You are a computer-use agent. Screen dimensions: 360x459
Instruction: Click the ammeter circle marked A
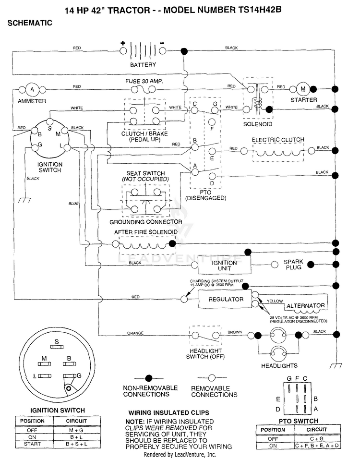(x=32, y=90)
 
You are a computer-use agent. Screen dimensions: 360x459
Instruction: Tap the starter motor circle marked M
(x=303, y=89)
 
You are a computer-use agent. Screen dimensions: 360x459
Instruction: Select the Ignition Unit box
(x=225, y=265)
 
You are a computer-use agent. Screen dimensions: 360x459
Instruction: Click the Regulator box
(x=226, y=299)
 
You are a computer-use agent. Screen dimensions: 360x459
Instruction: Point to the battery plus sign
(x=123, y=44)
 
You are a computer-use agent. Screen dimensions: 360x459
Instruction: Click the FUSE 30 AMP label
(x=144, y=81)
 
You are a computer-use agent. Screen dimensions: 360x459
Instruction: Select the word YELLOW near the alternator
(x=275, y=301)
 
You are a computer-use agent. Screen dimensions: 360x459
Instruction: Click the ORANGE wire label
(x=135, y=333)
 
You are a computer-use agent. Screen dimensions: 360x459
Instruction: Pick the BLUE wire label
(x=73, y=204)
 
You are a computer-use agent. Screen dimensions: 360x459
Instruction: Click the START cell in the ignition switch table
(x=32, y=444)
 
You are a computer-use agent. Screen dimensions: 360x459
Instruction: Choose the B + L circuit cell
(x=76, y=437)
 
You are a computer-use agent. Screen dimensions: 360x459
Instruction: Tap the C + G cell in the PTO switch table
(x=317, y=439)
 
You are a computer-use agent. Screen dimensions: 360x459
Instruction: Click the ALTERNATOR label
(x=306, y=306)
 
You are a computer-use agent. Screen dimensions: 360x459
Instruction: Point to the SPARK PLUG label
(x=294, y=265)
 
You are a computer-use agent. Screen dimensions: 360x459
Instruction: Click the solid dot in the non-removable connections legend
(x=149, y=378)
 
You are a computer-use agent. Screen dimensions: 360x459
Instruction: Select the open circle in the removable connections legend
(x=212, y=378)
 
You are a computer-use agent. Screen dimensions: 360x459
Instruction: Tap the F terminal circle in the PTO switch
(x=212, y=122)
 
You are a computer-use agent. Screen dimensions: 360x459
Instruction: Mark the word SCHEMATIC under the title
(x=30, y=23)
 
